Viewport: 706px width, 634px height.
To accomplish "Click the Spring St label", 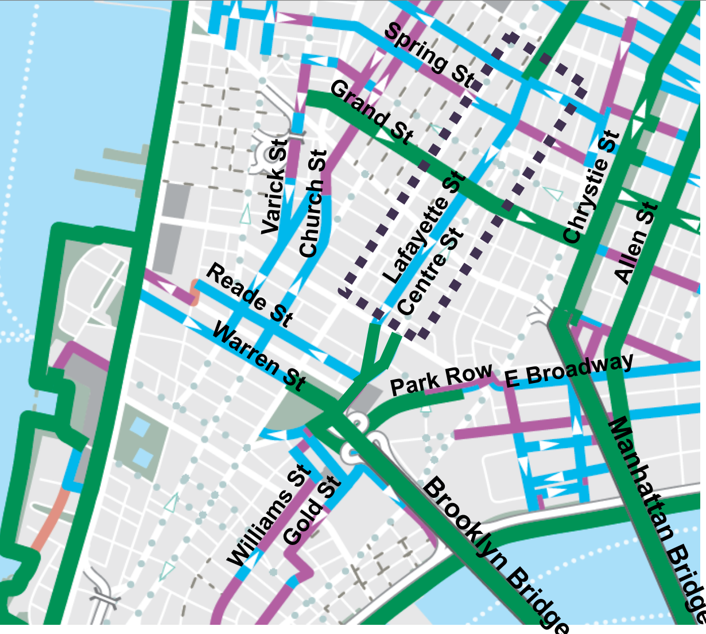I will pyautogui.click(x=430, y=56).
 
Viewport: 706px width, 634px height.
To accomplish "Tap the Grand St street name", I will pyautogui.click(x=371, y=113).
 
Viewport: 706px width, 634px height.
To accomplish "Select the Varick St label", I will pyautogui.click(x=273, y=187).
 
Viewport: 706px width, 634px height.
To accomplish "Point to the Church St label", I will pyautogui.click(x=313, y=204).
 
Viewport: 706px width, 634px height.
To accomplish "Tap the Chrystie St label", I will pyautogui.click(x=592, y=187).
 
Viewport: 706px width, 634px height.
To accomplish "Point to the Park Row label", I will pyautogui.click(x=441, y=379).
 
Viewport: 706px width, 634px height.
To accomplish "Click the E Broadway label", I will pyautogui.click(x=569, y=371).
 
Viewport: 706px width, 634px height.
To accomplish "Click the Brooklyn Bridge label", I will pyautogui.click(x=496, y=554).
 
